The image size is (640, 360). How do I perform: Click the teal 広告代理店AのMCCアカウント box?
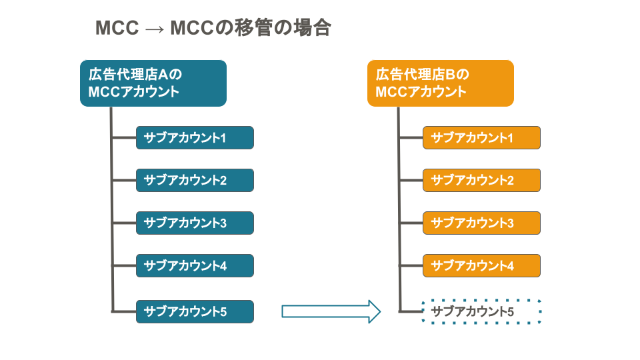click(x=153, y=83)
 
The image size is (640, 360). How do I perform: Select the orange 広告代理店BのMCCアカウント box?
click(x=441, y=83)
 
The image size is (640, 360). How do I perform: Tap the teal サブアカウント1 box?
click(x=195, y=137)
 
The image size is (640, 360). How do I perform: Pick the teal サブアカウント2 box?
click(x=195, y=181)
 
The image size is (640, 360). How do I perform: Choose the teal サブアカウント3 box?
click(x=195, y=223)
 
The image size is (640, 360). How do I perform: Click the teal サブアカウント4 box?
click(x=195, y=266)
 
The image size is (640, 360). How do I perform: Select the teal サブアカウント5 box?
click(x=195, y=311)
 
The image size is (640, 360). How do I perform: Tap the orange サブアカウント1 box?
click(x=481, y=137)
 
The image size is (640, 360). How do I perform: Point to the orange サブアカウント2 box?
click(x=481, y=181)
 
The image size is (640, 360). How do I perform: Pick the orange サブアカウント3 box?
click(x=481, y=223)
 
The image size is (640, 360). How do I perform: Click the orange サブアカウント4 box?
click(x=481, y=266)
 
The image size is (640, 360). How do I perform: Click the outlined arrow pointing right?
click(x=331, y=311)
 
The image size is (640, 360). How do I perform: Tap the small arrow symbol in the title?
click(x=155, y=29)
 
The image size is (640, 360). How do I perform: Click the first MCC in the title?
click(x=117, y=28)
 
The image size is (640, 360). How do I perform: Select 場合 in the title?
click(x=313, y=28)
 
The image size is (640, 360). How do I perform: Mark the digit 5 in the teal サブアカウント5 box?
click(x=223, y=312)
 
